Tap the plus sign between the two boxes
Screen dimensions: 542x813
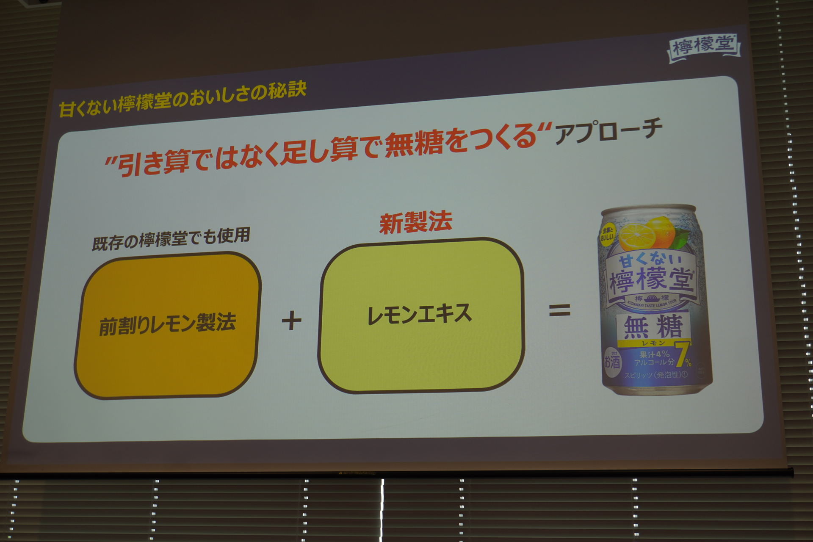click(x=292, y=320)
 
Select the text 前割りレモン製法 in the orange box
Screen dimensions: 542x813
click(x=168, y=324)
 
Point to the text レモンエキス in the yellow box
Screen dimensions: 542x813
click(x=420, y=315)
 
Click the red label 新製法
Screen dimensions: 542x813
click(x=415, y=223)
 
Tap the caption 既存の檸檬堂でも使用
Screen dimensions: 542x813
click(x=171, y=239)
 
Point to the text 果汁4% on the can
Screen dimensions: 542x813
click(x=654, y=354)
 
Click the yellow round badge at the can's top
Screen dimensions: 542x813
click(x=606, y=234)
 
